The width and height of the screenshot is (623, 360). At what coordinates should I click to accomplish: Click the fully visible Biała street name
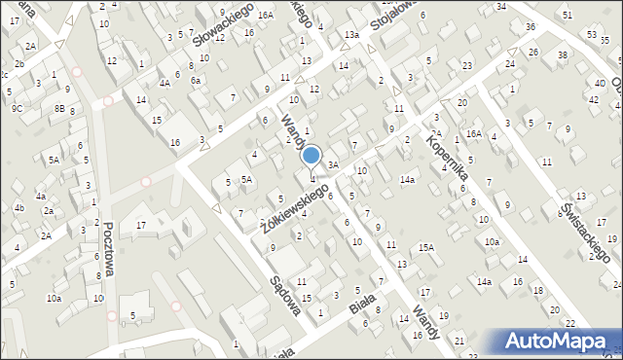[363, 309]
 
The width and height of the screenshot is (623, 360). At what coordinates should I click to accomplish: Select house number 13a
[351, 35]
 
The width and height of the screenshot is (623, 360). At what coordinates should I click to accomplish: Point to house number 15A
[426, 248]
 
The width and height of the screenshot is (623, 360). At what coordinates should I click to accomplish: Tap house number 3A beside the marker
[332, 165]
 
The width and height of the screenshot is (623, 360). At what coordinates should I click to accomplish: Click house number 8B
[59, 109]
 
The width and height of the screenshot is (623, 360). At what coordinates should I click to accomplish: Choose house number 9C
[18, 109]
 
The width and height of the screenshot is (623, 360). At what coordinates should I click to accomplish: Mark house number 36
[530, 26]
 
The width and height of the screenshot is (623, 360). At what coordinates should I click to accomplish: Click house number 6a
[195, 81]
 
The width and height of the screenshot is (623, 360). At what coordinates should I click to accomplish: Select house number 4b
[18, 207]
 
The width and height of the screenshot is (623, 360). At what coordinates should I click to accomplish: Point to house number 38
[563, 55]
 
